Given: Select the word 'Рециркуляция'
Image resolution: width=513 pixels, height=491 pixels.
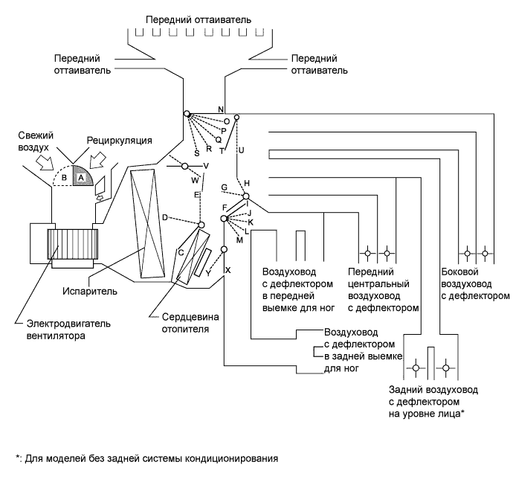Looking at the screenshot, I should [x=120, y=140].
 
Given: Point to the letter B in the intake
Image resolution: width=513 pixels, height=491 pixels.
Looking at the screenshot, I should [x=64, y=178].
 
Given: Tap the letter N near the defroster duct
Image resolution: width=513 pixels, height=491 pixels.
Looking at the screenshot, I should [x=221, y=109].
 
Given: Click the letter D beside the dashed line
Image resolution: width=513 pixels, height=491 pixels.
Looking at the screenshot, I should [x=164, y=217].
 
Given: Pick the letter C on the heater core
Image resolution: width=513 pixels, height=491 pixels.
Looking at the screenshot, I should [x=181, y=251].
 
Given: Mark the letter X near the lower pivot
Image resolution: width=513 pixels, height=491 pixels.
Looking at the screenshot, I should [x=228, y=269].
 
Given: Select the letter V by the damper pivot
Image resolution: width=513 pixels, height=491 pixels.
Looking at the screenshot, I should [x=206, y=165].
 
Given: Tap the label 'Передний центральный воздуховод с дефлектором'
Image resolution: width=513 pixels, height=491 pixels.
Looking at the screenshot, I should [x=381, y=289].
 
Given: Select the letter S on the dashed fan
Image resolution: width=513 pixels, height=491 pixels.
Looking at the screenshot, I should [x=197, y=153].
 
